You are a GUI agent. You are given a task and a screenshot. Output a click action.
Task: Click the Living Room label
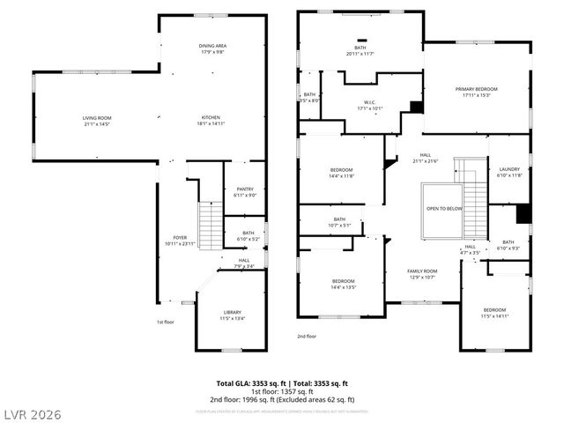97,121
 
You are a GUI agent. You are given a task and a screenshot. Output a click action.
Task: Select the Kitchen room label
211,121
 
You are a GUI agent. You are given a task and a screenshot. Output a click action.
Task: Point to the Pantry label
245,191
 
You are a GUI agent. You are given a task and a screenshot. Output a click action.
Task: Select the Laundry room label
509,171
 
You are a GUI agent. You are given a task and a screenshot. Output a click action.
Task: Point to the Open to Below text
444,209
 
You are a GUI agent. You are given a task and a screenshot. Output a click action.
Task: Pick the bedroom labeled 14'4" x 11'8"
342,172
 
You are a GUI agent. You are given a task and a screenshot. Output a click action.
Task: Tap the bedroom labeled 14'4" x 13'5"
342,284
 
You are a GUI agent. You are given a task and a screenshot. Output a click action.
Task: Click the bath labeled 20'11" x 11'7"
360,50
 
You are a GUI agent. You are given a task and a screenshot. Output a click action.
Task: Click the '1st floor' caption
165,323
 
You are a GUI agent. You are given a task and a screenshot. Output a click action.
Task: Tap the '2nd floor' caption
307,336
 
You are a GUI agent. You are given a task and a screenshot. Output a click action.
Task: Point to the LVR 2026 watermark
32,413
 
